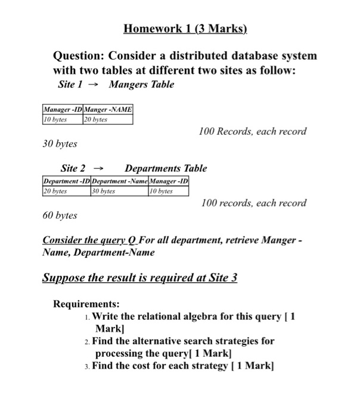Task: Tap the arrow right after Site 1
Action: point(91,85)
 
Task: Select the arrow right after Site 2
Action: point(103,169)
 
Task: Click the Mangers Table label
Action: point(141,84)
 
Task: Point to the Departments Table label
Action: point(166,169)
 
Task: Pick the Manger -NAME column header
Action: point(108,110)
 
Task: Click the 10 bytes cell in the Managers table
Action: point(55,119)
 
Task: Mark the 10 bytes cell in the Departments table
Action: point(161,191)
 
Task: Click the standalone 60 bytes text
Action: point(60,214)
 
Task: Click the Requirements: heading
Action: point(86,304)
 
